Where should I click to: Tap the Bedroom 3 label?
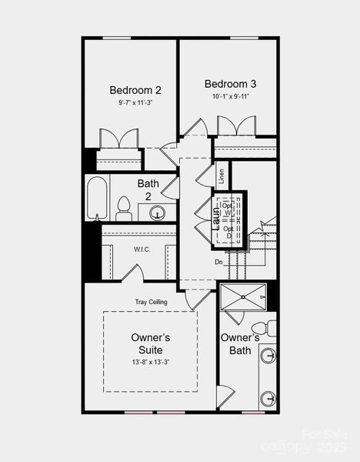230,84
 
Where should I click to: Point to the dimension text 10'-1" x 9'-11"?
230,97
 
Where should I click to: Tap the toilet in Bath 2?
123,208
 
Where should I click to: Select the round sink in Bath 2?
158,213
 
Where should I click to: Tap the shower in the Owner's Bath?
242,296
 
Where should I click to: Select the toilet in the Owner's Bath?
260,328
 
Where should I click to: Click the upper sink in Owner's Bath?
268,355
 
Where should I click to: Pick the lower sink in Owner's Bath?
268,398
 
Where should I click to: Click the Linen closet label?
221,176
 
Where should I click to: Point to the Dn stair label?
219,262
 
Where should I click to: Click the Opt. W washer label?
227,209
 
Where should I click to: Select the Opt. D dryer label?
227,232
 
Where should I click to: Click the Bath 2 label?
148,190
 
